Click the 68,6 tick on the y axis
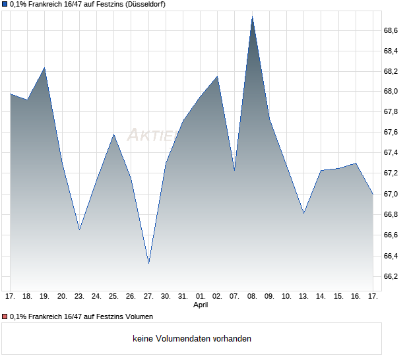[391, 30]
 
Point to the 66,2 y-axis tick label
[391, 276]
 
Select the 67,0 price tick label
[391, 195]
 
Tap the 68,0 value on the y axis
[391, 92]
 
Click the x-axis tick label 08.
[252, 296]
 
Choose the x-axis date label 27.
[148, 296]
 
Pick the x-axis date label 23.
[79, 296]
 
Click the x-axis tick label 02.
[218, 296]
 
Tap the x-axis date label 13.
[303, 296]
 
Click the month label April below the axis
[201, 305]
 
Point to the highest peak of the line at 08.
[252, 16]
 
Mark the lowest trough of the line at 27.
[148, 264]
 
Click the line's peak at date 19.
[45, 67]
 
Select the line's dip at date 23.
[79, 229]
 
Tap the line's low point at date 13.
[303, 214]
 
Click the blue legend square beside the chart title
[4, 5]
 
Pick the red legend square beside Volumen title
[4, 317]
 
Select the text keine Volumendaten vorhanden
[192, 339]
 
